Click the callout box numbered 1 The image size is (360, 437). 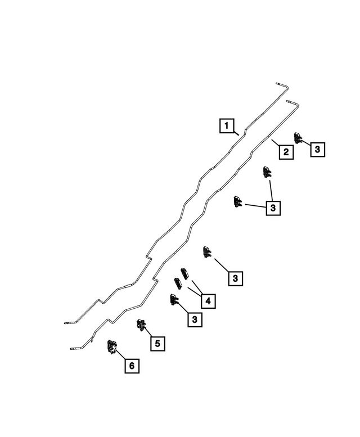point(227,125)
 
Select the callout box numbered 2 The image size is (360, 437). point(286,152)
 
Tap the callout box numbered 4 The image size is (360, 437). point(208,301)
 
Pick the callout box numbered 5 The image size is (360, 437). point(157,344)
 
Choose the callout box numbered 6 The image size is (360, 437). point(132,366)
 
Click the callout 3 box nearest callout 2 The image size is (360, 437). point(318,150)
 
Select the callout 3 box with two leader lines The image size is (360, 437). point(273,208)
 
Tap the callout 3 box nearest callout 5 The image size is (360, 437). point(195,319)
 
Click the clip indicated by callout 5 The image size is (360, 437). point(141,325)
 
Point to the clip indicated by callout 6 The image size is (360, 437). point(112,346)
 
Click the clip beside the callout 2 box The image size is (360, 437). point(298,138)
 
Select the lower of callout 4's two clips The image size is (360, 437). point(178,283)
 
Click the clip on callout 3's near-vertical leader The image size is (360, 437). point(267,172)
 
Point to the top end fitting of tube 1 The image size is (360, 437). point(280,84)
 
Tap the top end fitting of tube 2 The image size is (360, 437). point(290,101)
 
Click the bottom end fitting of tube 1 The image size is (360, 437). point(68,323)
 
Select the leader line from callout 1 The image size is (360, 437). point(236,133)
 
